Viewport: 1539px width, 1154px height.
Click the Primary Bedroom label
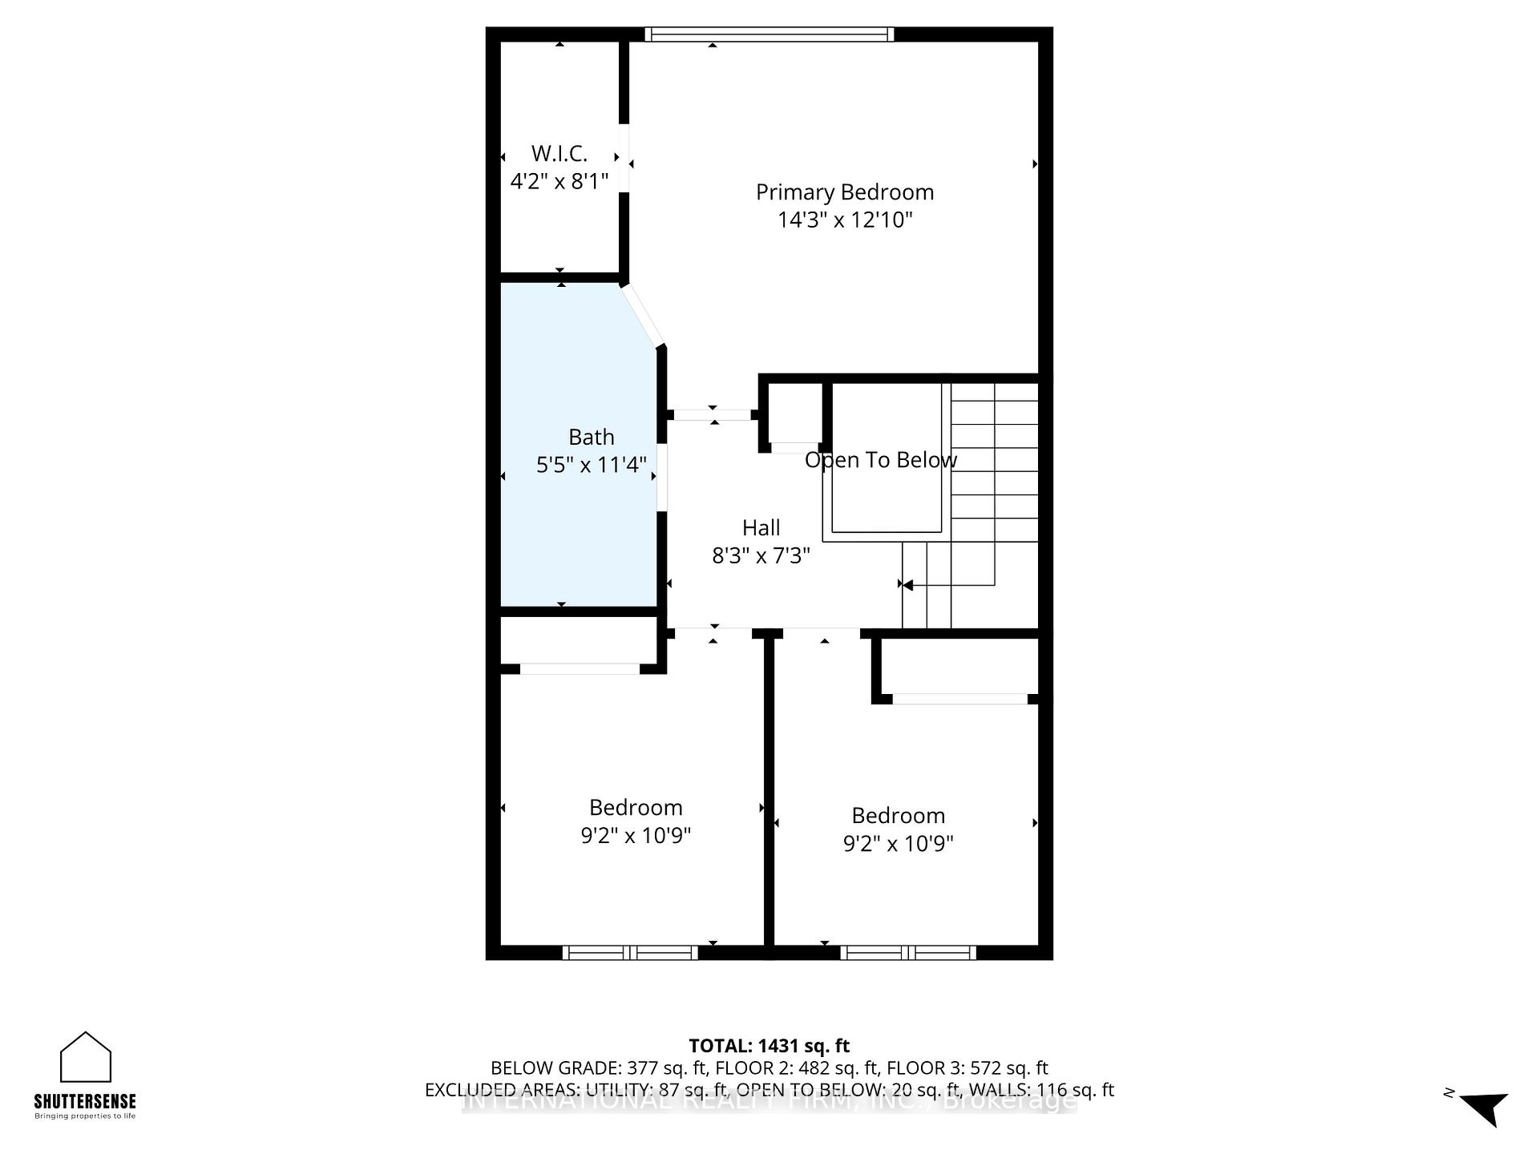pyautogui.click(x=845, y=192)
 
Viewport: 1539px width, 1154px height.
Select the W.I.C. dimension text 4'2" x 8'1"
pyautogui.click(x=559, y=181)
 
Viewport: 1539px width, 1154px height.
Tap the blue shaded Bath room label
pyautogui.click(x=592, y=438)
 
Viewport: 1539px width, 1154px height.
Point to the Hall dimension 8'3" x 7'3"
pyautogui.click(x=761, y=555)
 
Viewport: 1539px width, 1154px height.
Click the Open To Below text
pyautogui.click(x=880, y=460)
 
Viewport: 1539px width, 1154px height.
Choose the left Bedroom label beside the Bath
pyautogui.click(x=636, y=808)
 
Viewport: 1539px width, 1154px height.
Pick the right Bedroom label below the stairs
pyautogui.click(x=898, y=816)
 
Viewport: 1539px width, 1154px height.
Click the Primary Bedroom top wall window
pyautogui.click(x=769, y=34)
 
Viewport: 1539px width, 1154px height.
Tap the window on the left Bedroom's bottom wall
pyautogui.click(x=629, y=952)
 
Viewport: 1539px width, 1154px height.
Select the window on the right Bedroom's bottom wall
pyautogui.click(x=908, y=952)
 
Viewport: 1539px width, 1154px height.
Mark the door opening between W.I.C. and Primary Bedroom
pyautogui.click(x=624, y=158)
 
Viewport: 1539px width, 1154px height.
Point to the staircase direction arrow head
pyautogui.click(x=907, y=585)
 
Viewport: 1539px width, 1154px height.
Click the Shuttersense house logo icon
pyautogui.click(x=86, y=1058)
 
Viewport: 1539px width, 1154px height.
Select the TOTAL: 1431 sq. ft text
pyautogui.click(x=769, y=1046)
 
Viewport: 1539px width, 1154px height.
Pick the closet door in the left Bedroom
pyautogui.click(x=580, y=668)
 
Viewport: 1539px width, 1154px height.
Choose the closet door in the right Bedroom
pyautogui.click(x=959, y=699)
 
